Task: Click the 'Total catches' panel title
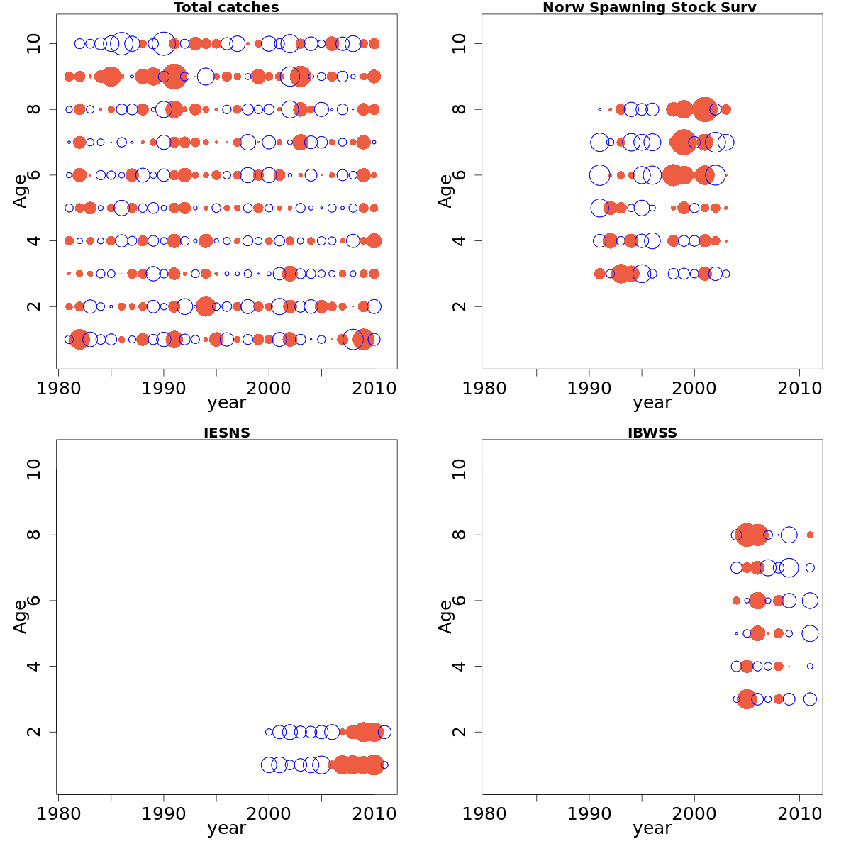[x=226, y=8]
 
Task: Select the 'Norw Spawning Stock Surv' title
[x=649, y=8]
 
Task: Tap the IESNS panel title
[x=226, y=433]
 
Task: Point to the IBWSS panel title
[x=652, y=433]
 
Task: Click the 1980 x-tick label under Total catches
[x=58, y=388]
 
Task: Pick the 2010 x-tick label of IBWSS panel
[x=799, y=813]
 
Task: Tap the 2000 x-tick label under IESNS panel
[x=269, y=813]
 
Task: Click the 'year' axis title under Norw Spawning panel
[x=652, y=403]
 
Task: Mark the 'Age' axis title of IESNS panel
[x=20, y=616]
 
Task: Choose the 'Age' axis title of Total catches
[x=20, y=191]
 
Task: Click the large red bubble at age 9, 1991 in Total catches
[x=174, y=76]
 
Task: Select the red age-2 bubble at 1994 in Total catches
[x=206, y=306]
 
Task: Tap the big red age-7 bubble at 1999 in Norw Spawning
[x=684, y=142]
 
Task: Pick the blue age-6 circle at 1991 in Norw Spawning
[x=599, y=174]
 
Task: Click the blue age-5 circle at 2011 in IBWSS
[x=810, y=633]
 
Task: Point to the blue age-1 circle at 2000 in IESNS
[x=269, y=765]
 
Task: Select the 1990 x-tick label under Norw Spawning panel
[x=589, y=388]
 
